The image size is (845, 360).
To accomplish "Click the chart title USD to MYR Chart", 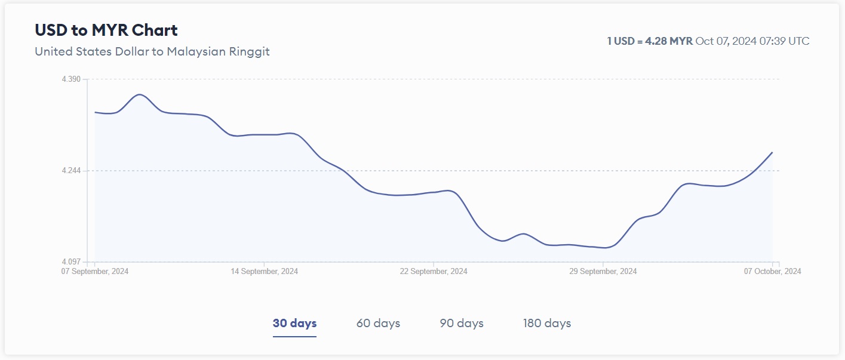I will pyautogui.click(x=106, y=30).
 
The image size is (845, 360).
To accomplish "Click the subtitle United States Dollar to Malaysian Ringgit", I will pyautogui.click(x=152, y=51).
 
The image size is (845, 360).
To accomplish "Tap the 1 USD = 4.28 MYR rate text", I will pyautogui.click(x=650, y=41).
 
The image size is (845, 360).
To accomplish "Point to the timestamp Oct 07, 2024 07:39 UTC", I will pyautogui.click(x=752, y=41).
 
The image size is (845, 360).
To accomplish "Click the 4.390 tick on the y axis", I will pyautogui.click(x=71, y=79).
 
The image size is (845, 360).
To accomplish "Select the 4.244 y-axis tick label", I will pyautogui.click(x=71, y=171).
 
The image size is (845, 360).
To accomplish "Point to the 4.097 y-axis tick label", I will pyautogui.click(x=71, y=262).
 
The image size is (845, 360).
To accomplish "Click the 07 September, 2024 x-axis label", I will pyautogui.click(x=95, y=271).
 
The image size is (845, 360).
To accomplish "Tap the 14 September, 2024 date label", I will pyautogui.click(x=264, y=271).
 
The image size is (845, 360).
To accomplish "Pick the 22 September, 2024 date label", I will pyautogui.click(x=434, y=271).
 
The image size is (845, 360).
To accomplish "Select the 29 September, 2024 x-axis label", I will pyautogui.click(x=603, y=271).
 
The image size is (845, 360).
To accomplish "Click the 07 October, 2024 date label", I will pyautogui.click(x=772, y=271).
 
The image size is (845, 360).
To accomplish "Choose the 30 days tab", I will pyautogui.click(x=294, y=323).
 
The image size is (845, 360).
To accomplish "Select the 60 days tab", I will pyautogui.click(x=378, y=323).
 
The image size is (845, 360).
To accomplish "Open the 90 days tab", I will pyautogui.click(x=462, y=323).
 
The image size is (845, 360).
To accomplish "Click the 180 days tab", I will pyautogui.click(x=547, y=323).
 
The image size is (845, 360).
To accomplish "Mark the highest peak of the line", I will pyautogui.click(x=139, y=94).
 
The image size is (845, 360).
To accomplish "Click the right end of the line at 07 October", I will pyautogui.click(x=772, y=152).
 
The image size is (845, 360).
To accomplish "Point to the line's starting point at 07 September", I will pyautogui.click(x=95, y=112).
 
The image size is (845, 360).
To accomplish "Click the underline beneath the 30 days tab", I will pyautogui.click(x=294, y=336).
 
